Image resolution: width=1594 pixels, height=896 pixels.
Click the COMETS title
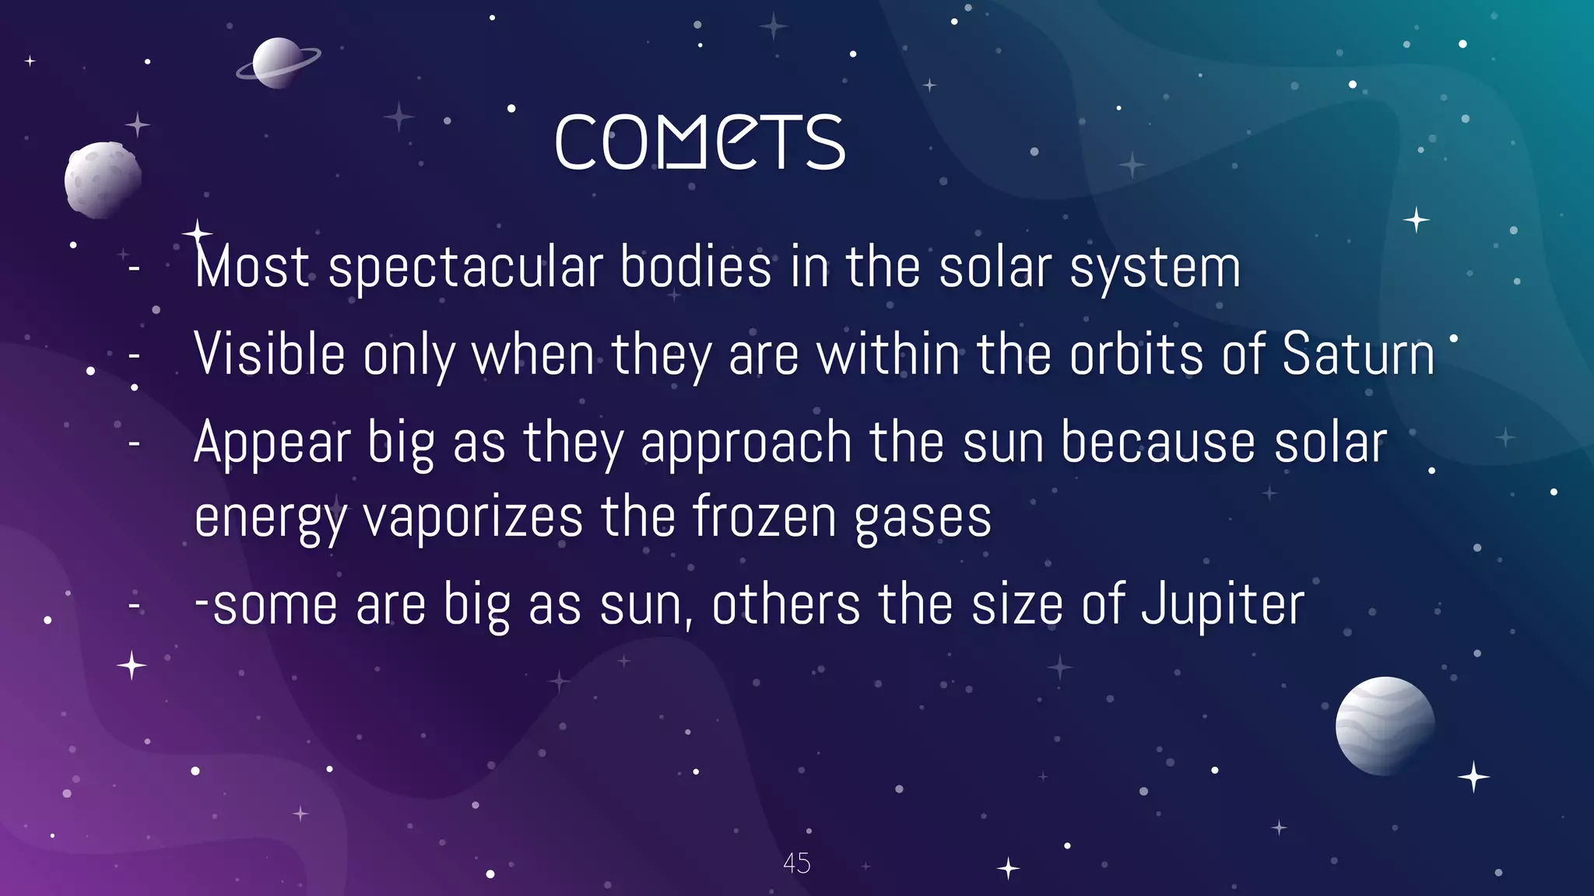pos(700,142)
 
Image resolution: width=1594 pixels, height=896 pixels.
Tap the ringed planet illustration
pos(277,63)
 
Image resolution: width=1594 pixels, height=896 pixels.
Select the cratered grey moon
pos(102,179)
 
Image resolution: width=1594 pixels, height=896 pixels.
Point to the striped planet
pos(1385,726)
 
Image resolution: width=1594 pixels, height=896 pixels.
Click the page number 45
pos(796,863)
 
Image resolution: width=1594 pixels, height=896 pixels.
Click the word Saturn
pos(1358,354)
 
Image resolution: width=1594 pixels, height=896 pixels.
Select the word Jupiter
pos(1223,604)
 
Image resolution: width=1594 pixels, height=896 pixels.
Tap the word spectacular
pos(465,268)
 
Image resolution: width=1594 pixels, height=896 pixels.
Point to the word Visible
pos(269,354)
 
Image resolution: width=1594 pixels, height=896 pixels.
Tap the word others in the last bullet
pos(785,604)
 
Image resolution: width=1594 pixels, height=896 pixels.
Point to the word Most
pos(252,267)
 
